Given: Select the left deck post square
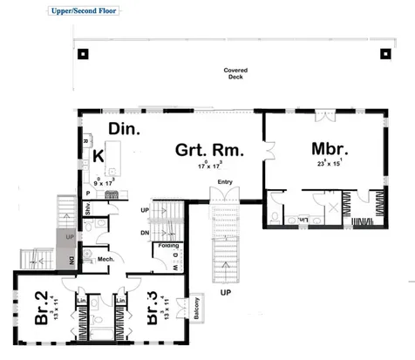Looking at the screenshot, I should pos(82,53).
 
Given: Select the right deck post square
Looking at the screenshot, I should pos(384,53).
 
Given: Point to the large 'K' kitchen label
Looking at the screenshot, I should pos(99,156).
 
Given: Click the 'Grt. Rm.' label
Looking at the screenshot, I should pos(209,149).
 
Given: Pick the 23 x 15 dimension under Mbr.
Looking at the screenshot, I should pos(329,163).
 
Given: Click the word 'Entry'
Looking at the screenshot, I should pos(226,181).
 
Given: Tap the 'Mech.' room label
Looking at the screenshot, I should pos(105,260).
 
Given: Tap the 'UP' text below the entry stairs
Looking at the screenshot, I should pos(225,291).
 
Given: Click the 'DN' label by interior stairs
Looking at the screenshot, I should pos(146,233).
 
